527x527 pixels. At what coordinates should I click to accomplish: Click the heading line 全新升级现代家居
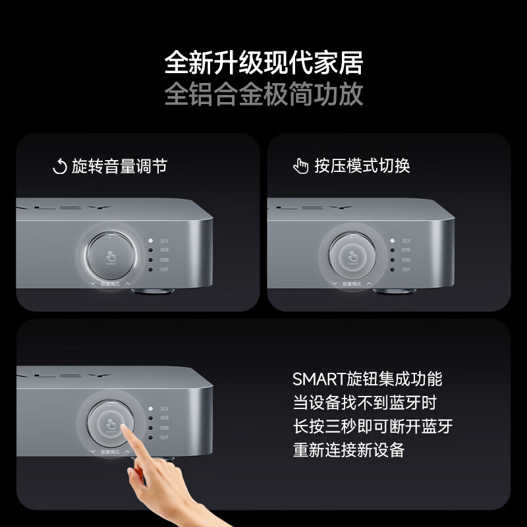coord(263,64)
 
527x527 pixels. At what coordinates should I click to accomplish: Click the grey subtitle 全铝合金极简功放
coord(263,94)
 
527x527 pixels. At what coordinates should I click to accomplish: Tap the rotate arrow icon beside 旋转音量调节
coord(59,167)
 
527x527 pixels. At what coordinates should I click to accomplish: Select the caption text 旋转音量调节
coord(119,166)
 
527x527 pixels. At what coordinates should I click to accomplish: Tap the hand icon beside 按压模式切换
coord(301,167)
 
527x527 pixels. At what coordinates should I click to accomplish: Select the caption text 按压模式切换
coord(362,166)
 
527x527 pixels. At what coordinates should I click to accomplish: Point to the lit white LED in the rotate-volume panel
coord(151,242)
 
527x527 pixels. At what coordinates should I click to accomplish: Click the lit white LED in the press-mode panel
coord(393,242)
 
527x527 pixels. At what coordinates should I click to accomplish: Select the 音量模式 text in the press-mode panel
coord(351,284)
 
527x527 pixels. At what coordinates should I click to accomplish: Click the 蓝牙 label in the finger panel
coord(163,408)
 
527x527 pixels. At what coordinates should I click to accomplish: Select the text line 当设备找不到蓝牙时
coord(364,402)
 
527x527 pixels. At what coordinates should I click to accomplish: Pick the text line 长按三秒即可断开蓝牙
coord(373,426)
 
